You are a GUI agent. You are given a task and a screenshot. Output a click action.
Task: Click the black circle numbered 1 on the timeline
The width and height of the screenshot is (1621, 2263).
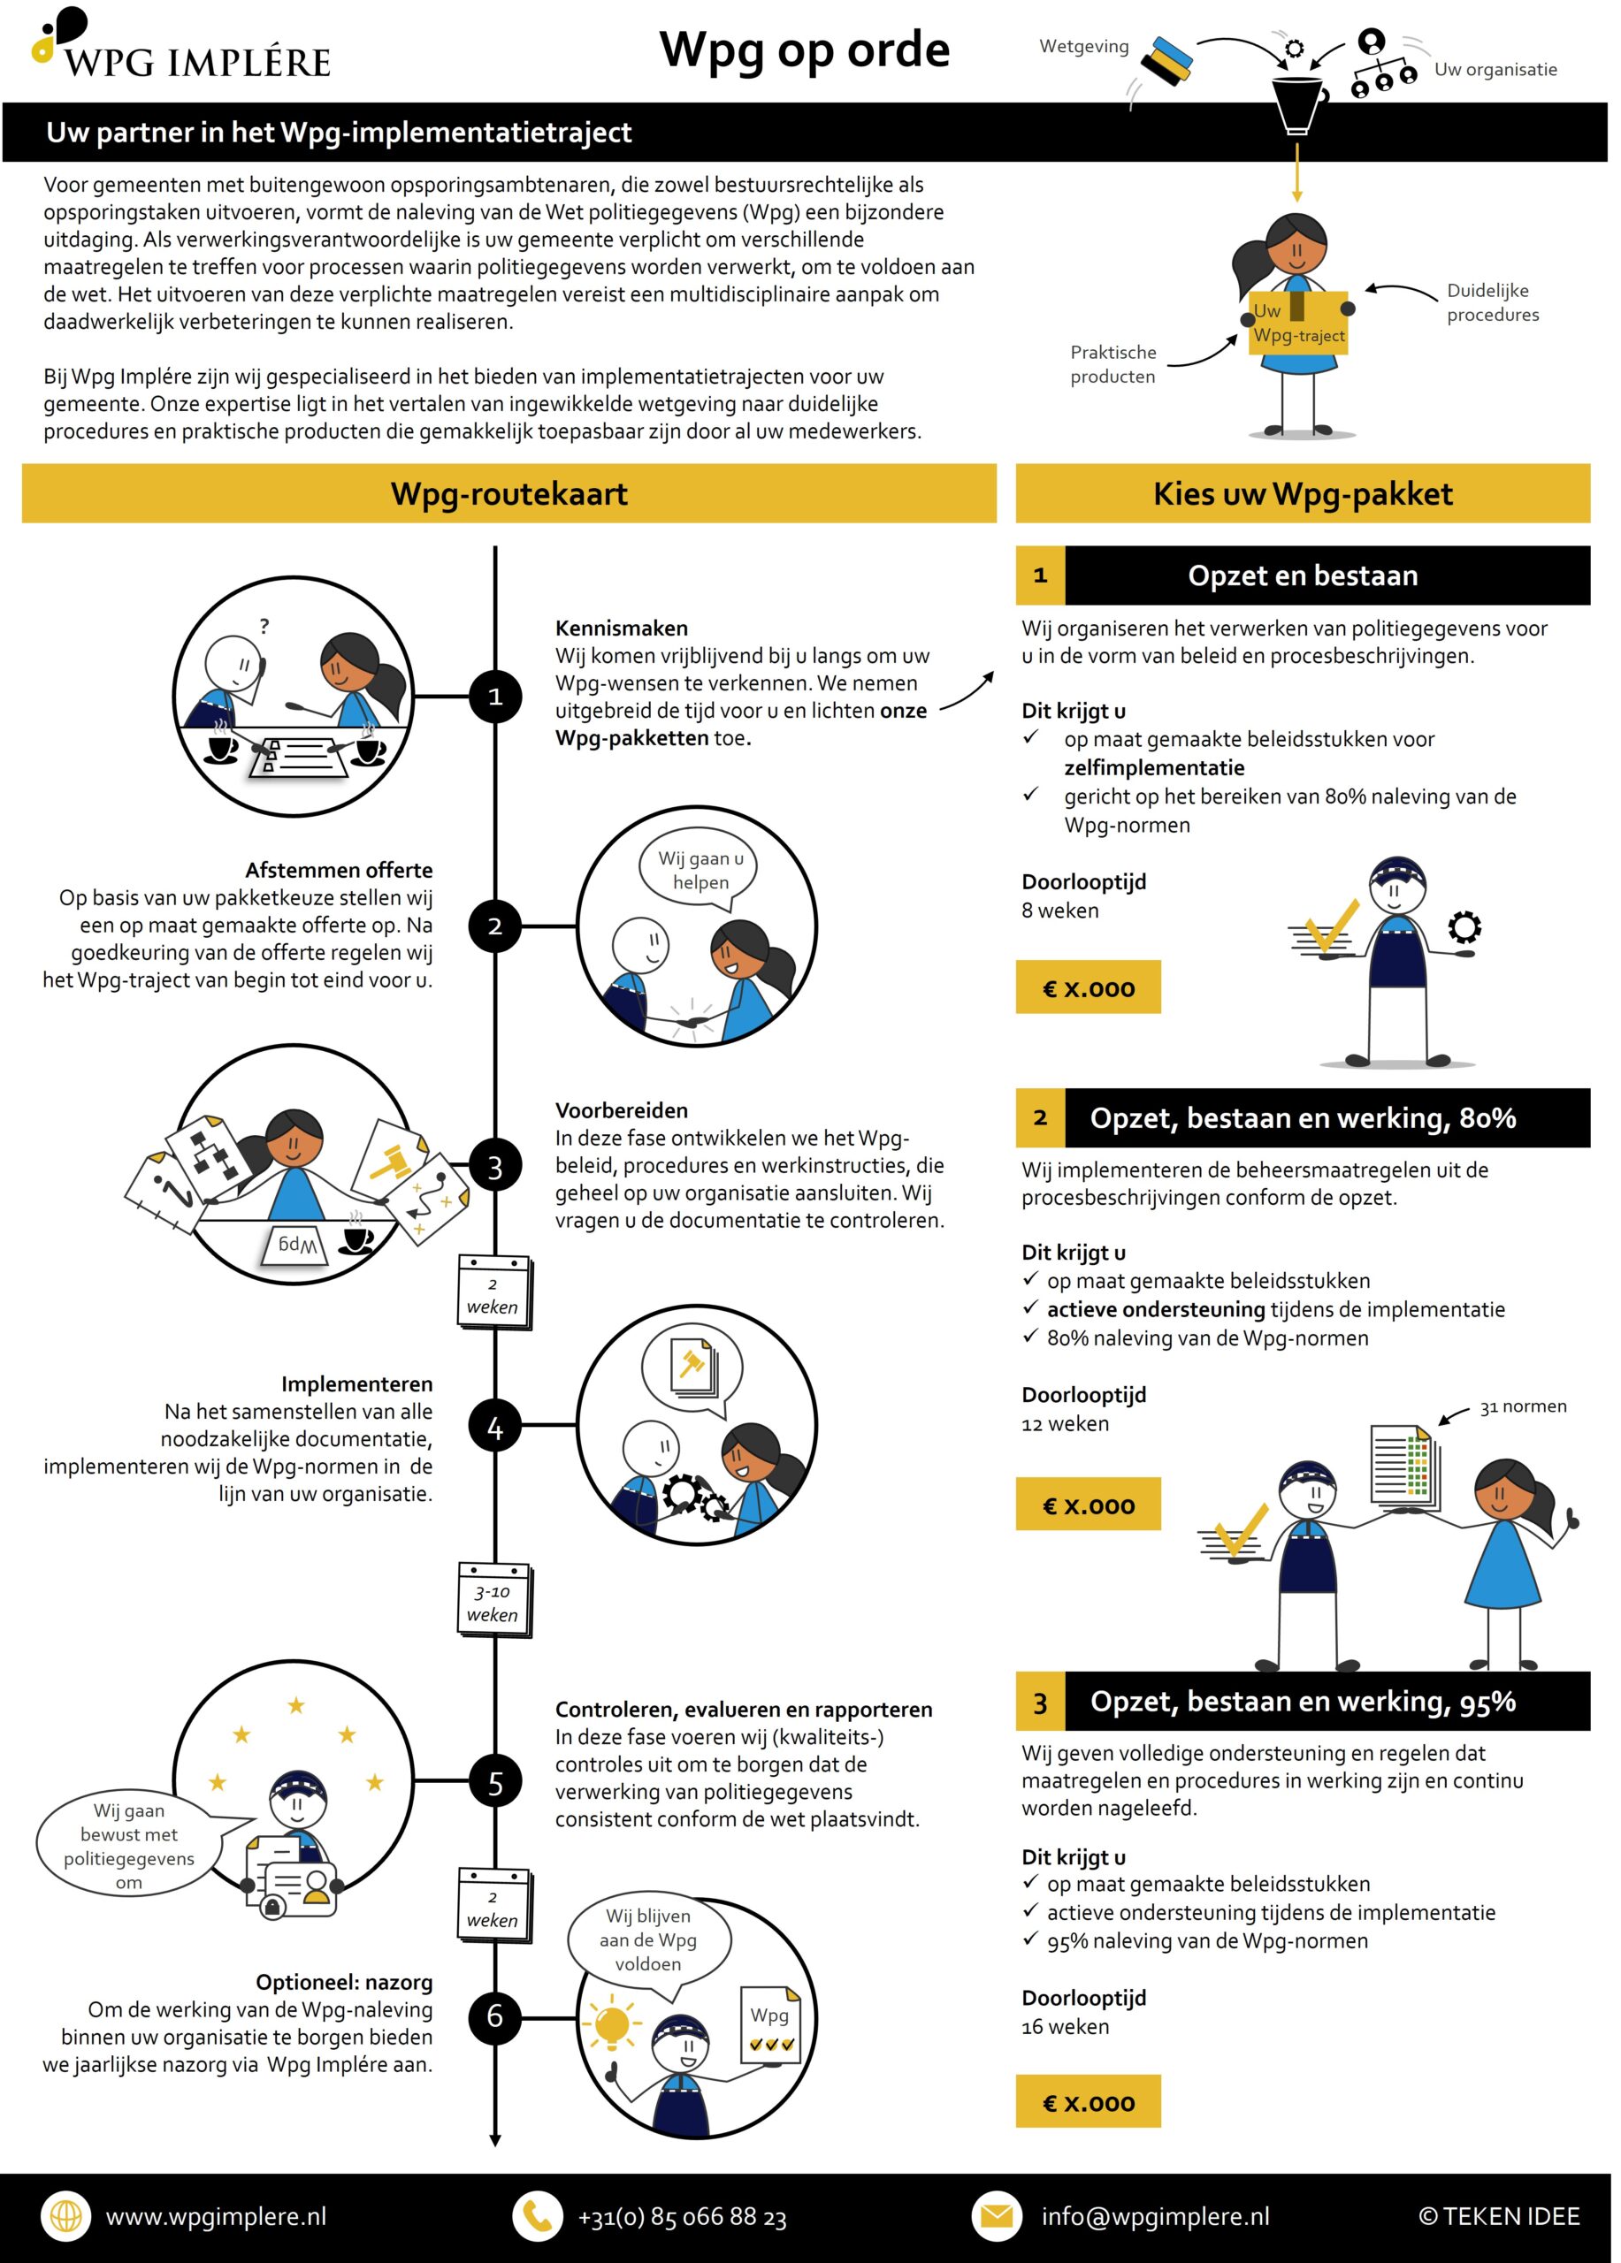point(495,697)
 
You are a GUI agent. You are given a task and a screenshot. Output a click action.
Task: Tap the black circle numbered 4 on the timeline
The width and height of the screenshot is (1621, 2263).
point(495,1427)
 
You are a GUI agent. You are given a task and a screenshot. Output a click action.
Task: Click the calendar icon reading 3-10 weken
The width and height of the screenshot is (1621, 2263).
point(494,1601)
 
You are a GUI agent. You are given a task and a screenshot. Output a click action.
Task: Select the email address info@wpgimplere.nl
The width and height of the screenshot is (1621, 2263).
point(1155,2216)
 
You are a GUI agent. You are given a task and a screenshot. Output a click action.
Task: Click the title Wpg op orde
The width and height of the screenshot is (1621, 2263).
point(805,50)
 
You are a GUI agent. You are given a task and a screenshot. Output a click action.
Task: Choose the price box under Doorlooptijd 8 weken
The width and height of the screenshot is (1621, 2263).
point(1088,987)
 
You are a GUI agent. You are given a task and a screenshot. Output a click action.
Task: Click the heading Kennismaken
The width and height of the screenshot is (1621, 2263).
point(621,628)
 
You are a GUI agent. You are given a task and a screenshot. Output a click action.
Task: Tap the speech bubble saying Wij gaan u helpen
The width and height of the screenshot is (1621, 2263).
point(700,869)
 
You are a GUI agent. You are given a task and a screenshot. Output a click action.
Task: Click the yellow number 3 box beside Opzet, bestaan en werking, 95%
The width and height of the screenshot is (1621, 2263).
point(1040,1703)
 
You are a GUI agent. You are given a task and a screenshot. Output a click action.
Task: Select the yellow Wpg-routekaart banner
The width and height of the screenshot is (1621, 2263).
point(509,493)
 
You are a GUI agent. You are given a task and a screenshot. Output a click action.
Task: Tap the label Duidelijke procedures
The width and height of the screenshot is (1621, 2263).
point(1492,302)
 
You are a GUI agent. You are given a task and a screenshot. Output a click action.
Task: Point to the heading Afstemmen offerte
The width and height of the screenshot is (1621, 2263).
point(340,869)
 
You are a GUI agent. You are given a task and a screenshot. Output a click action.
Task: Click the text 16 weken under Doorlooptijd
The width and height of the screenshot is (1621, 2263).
point(1065,2025)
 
